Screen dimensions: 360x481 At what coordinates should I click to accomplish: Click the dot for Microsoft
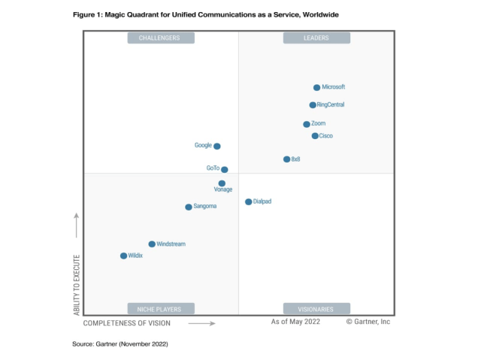(316, 88)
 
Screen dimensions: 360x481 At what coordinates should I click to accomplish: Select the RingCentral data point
(313, 105)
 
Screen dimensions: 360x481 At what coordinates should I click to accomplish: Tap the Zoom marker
(307, 124)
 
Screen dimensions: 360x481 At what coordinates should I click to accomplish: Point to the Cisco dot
(315, 136)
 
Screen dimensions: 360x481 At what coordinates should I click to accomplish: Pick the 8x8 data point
(286, 159)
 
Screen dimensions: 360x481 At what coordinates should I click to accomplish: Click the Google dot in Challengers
(217, 147)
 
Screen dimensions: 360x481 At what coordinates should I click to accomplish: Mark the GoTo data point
(224, 170)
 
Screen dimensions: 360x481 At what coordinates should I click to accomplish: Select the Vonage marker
(222, 183)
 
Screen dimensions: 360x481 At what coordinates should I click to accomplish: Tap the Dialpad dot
(249, 201)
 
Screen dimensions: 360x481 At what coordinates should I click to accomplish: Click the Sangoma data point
(189, 207)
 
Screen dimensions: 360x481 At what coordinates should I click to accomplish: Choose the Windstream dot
(152, 244)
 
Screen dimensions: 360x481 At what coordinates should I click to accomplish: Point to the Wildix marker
(124, 256)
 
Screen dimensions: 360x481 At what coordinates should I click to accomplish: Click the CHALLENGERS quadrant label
(160, 38)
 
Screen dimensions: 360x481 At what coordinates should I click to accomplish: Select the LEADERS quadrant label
(316, 38)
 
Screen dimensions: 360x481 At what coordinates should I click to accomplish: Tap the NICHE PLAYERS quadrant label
(160, 308)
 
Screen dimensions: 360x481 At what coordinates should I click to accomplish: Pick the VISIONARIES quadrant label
(316, 308)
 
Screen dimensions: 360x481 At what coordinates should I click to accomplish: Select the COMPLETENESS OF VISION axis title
(126, 323)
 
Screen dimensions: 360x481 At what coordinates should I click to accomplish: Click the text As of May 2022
(296, 322)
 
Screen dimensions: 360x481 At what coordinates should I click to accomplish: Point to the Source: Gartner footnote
(119, 343)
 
